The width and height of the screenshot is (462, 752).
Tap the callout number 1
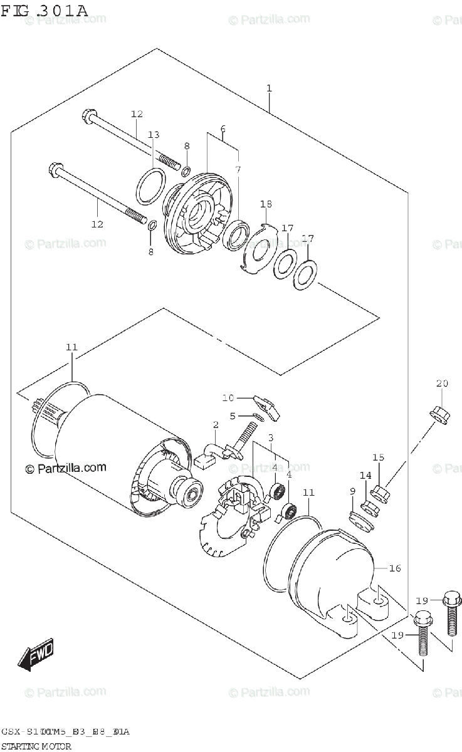click(269, 88)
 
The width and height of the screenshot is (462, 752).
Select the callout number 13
click(154, 135)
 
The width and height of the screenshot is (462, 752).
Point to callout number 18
click(266, 204)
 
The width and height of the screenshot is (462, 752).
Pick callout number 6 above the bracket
click(223, 130)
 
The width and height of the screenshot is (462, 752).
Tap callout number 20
click(443, 384)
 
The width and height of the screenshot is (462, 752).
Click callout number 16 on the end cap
click(394, 568)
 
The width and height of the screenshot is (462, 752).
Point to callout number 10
click(227, 397)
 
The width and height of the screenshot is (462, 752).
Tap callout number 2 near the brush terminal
click(215, 425)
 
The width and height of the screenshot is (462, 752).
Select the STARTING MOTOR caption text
click(36, 746)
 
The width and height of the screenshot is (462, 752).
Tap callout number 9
click(352, 491)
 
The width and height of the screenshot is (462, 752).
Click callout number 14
click(365, 476)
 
